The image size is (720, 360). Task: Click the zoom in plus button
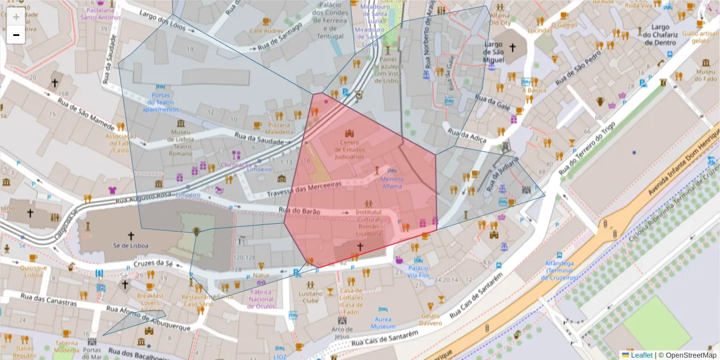(x=16, y=17)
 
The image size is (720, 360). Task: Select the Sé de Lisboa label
(x=131, y=245)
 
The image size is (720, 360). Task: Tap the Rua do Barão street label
(x=300, y=211)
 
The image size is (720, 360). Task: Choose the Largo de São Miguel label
(x=501, y=52)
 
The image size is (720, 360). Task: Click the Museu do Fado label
(x=705, y=76)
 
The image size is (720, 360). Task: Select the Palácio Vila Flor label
(x=418, y=272)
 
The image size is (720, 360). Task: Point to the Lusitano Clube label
(x=310, y=298)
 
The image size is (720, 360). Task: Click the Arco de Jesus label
(x=342, y=332)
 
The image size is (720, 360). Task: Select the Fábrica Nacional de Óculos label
(x=261, y=299)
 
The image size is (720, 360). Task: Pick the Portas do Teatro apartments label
(x=160, y=102)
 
